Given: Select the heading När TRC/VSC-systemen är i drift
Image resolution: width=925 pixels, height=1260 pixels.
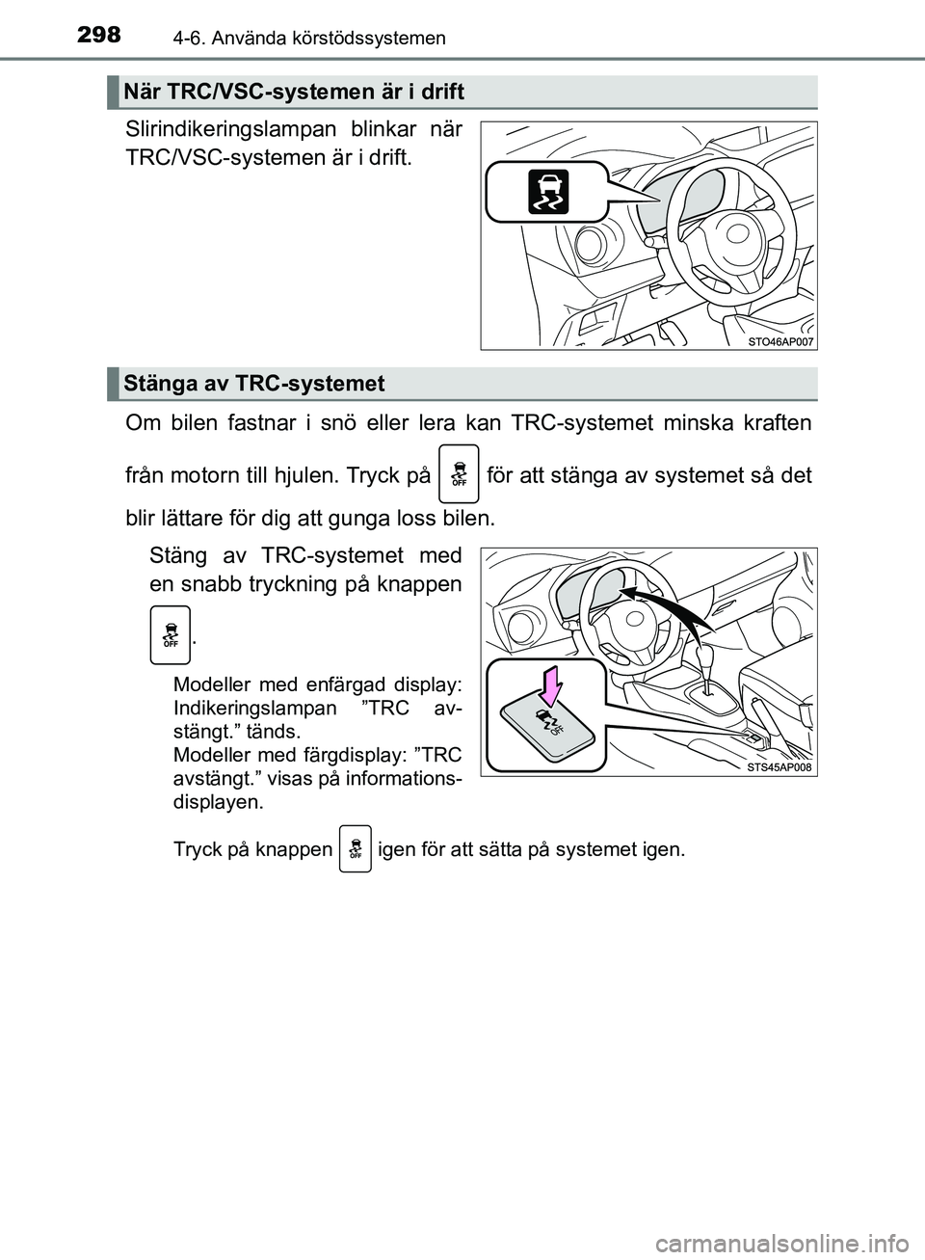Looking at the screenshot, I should (295, 92).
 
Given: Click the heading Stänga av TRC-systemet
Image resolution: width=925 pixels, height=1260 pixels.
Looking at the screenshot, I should (254, 384).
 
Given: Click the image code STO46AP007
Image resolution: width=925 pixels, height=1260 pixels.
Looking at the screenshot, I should (780, 341).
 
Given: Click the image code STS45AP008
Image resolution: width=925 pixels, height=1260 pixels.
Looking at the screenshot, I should (780, 767).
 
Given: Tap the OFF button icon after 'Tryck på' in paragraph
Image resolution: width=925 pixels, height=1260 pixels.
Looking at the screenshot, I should (458, 474).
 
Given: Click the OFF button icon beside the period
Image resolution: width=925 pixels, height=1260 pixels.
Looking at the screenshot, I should (170, 634).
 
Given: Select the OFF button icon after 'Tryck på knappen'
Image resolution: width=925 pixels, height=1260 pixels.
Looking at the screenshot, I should (356, 849).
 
